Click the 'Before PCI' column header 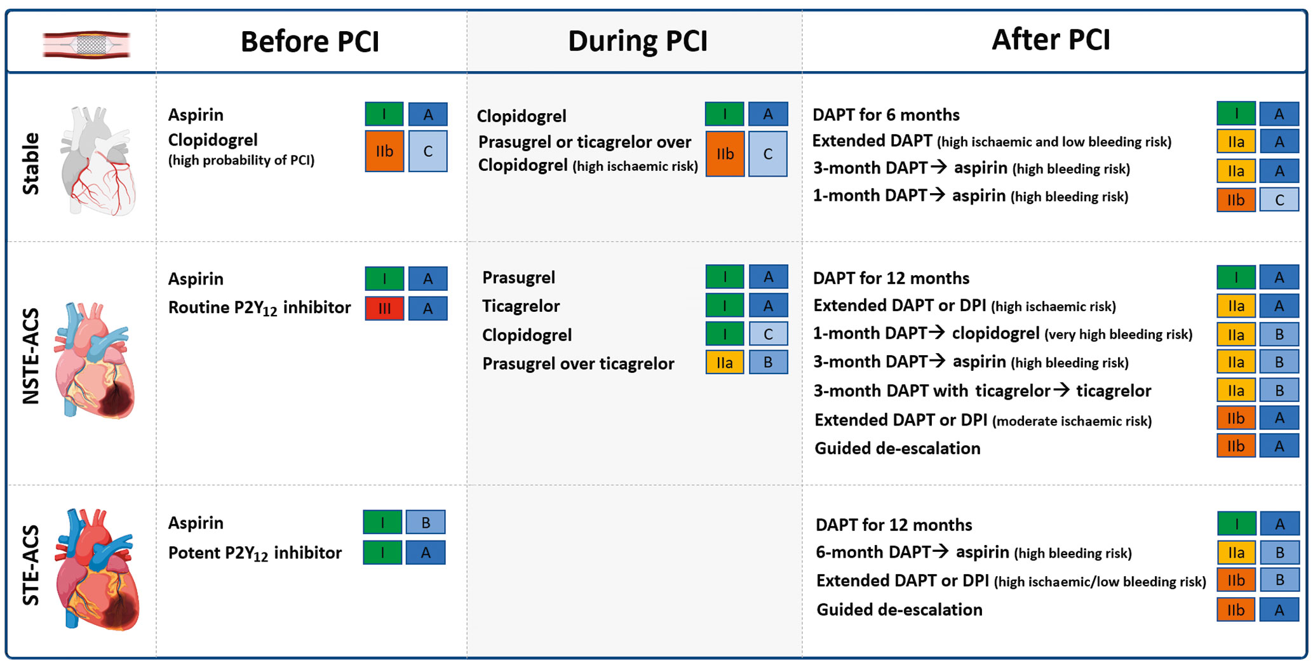[x=309, y=42]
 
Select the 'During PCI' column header [x=637, y=41]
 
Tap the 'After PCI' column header [x=1051, y=39]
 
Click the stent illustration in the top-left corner [x=86, y=44]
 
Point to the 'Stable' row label [x=30, y=163]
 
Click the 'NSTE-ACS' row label [x=30, y=356]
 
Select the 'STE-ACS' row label [x=30, y=565]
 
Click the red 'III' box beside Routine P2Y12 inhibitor [x=384, y=309]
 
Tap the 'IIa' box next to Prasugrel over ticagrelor [x=724, y=363]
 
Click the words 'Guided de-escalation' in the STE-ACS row [x=899, y=610]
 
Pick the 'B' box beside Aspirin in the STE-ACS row [x=426, y=522]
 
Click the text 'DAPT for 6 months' [x=885, y=115]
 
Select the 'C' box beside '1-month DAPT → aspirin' [x=1279, y=200]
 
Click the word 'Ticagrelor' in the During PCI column [x=520, y=306]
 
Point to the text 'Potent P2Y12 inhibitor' [x=254, y=553]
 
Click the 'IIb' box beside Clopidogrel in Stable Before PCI [x=384, y=151]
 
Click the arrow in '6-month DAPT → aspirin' [x=939, y=551]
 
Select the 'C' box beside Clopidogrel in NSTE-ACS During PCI [x=768, y=334]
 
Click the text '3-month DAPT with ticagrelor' [x=931, y=391]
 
